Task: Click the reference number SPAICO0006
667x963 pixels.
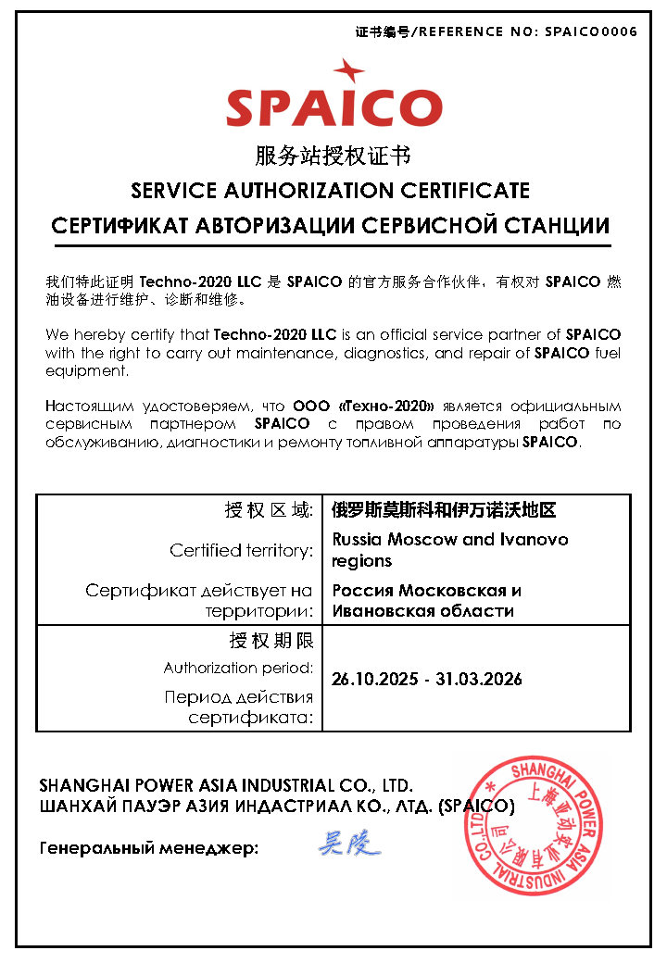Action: click(x=591, y=31)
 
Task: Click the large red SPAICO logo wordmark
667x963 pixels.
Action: click(x=334, y=107)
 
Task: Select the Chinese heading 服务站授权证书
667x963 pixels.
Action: click(x=333, y=155)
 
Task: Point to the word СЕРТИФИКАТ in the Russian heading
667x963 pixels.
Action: click(x=117, y=225)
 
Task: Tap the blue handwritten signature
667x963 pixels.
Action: click(x=349, y=844)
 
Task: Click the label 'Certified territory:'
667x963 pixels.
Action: click(x=242, y=550)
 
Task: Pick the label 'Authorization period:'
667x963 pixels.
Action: click(x=239, y=668)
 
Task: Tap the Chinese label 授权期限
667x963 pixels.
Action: click(x=271, y=641)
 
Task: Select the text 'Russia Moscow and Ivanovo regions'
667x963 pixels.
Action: click(x=449, y=549)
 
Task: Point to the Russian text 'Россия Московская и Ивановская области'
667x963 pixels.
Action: click(x=426, y=600)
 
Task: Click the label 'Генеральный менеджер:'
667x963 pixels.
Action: click(x=149, y=848)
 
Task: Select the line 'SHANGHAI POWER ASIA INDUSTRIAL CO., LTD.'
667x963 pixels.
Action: click(x=220, y=785)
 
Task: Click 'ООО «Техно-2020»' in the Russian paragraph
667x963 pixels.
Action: click(x=364, y=406)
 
